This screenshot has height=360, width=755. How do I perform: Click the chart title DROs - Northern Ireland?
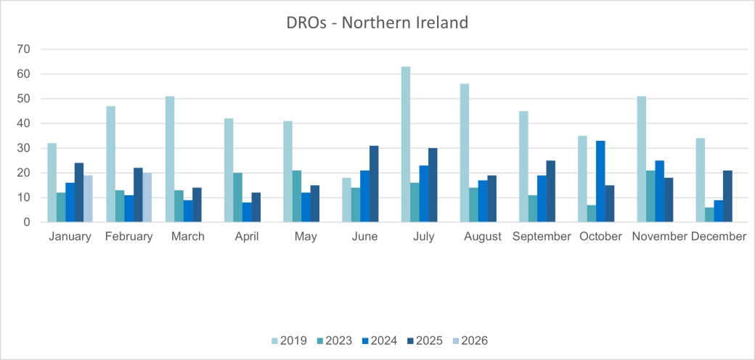pyautogui.click(x=377, y=22)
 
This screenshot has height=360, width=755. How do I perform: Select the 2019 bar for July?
pyautogui.click(x=406, y=144)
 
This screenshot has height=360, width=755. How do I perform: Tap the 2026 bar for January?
pyautogui.click(x=88, y=198)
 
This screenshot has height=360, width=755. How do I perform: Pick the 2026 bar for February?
pyautogui.click(x=147, y=197)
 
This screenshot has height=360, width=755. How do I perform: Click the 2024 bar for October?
pyautogui.click(x=600, y=181)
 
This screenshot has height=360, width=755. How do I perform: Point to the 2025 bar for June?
pyautogui.click(x=373, y=184)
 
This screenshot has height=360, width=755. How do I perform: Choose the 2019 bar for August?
pyautogui.click(x=465, y=153)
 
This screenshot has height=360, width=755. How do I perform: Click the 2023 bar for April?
pyautogui.click(x=237, y=197)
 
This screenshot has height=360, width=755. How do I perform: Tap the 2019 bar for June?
pyautogui.click(x=347, y=200)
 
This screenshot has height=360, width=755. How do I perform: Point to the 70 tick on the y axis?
pyautogui.click(x=24, y=49)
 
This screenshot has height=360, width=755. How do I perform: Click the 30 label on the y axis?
pyautogui.click(x=24, y=148)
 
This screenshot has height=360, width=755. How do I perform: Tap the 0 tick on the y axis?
pyautogui.click(x=27, y=222)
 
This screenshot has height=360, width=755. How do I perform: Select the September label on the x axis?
pyautogui.click(x=542, y=237)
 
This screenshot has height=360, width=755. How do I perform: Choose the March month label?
pyautogui.click(x=187, y=237)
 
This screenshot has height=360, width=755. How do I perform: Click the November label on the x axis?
pyautogui.click(x=658, y=237)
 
